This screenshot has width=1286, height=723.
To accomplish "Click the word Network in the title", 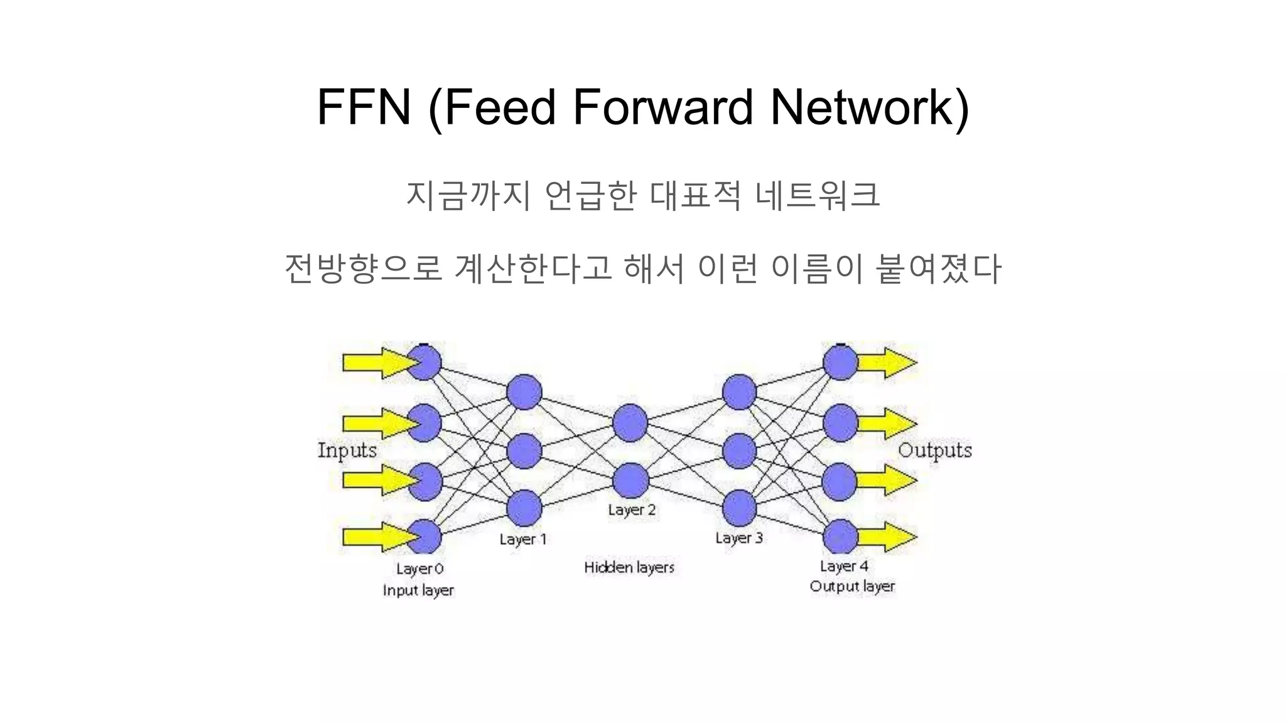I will tap(870, 107).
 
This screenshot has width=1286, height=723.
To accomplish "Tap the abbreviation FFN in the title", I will tap(364, 107).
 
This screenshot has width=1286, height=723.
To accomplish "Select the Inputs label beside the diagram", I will tap(347, 450).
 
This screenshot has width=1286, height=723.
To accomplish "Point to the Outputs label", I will tap(934, 450).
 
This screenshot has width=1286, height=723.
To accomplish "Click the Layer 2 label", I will tap(631, 510).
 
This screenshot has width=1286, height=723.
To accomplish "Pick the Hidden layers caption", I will tap(629, 567).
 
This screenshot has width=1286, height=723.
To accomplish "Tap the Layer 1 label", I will tap(523, 539).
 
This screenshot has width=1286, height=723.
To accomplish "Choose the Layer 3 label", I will tap(738, 538).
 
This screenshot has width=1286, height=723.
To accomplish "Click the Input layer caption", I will tap(418, 590).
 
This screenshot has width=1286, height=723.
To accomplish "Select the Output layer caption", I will tap(851, 586).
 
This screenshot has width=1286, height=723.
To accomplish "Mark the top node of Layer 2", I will tap(630, 422).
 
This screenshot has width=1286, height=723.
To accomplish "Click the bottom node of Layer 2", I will tap(630, 481).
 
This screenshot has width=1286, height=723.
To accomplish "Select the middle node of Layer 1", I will tap(524, 451).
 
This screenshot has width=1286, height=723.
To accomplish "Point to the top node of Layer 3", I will tap(739, 392).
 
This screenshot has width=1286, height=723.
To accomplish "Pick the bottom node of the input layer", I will tap(424, 537).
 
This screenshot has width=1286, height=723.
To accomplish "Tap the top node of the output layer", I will tap(840, 363).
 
